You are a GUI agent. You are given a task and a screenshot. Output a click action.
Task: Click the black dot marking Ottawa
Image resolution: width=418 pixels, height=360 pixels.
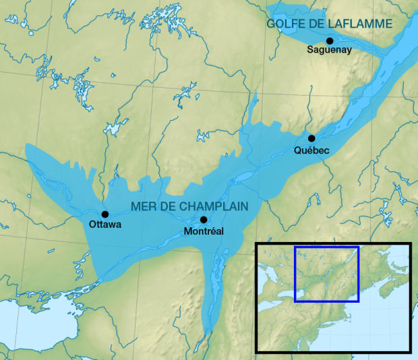pyautogui.click(x=105, y=214)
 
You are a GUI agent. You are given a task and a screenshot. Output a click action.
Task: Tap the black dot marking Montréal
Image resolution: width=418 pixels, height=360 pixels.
pyautogui.click(x=204, y=220)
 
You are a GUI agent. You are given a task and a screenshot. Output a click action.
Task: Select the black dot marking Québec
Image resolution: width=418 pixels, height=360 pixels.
pyautogui.click(x=311, y=138)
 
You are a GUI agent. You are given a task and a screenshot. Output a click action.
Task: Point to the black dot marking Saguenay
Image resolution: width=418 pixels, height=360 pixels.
pyautogui.click(x=330, y=40)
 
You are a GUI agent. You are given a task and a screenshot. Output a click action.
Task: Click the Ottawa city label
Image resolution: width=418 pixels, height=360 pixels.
pyautogui.click(x=105, y=224)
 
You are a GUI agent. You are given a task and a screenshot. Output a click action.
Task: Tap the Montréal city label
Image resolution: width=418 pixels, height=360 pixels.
pyautogui.click(x=204, y=231)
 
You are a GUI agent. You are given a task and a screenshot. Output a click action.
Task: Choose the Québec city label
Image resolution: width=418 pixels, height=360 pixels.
pyautogui.click(x=311, y=150)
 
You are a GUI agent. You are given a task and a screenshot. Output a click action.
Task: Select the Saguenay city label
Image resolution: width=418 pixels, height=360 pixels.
pyautogui.click(x=329, y=50)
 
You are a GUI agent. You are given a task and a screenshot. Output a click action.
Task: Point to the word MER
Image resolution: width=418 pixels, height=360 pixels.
pyautogui.click(x=144, y=206)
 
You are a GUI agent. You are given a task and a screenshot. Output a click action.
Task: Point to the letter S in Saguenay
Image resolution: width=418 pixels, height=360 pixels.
pyautogui.click(x=309, y=50)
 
